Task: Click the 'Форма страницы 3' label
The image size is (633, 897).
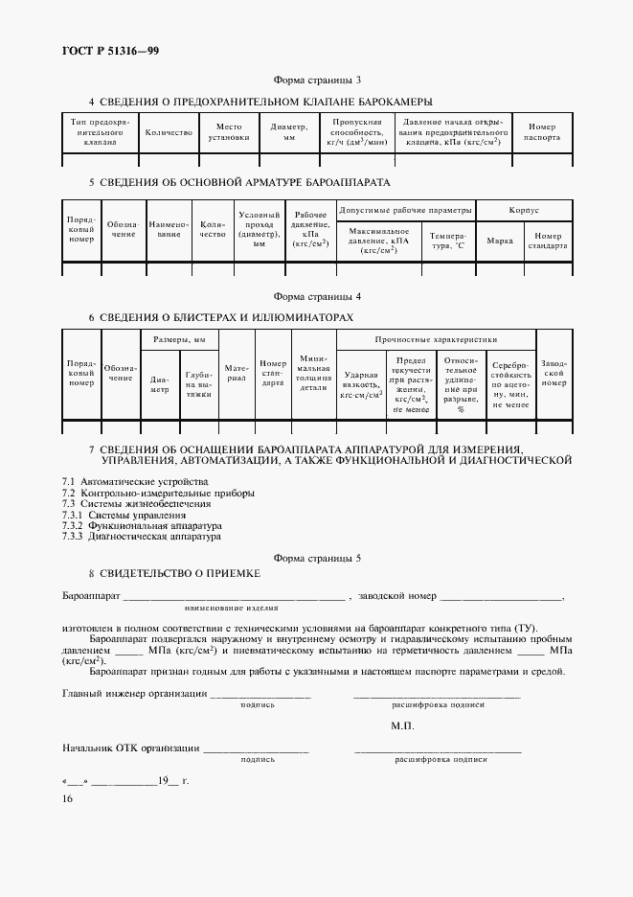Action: (317, 81)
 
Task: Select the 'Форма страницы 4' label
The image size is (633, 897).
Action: (317, 297)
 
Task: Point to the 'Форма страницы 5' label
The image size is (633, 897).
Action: (317, 557)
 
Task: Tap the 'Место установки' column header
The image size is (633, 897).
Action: (228, 132)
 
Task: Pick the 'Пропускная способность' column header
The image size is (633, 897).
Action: (356, 132)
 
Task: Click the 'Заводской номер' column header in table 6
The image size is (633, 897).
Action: (554, 377)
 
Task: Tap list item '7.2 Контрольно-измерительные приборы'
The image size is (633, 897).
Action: (158, 493)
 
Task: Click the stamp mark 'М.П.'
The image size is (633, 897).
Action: (402, 726)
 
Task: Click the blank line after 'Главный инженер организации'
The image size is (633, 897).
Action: (260, 694)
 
